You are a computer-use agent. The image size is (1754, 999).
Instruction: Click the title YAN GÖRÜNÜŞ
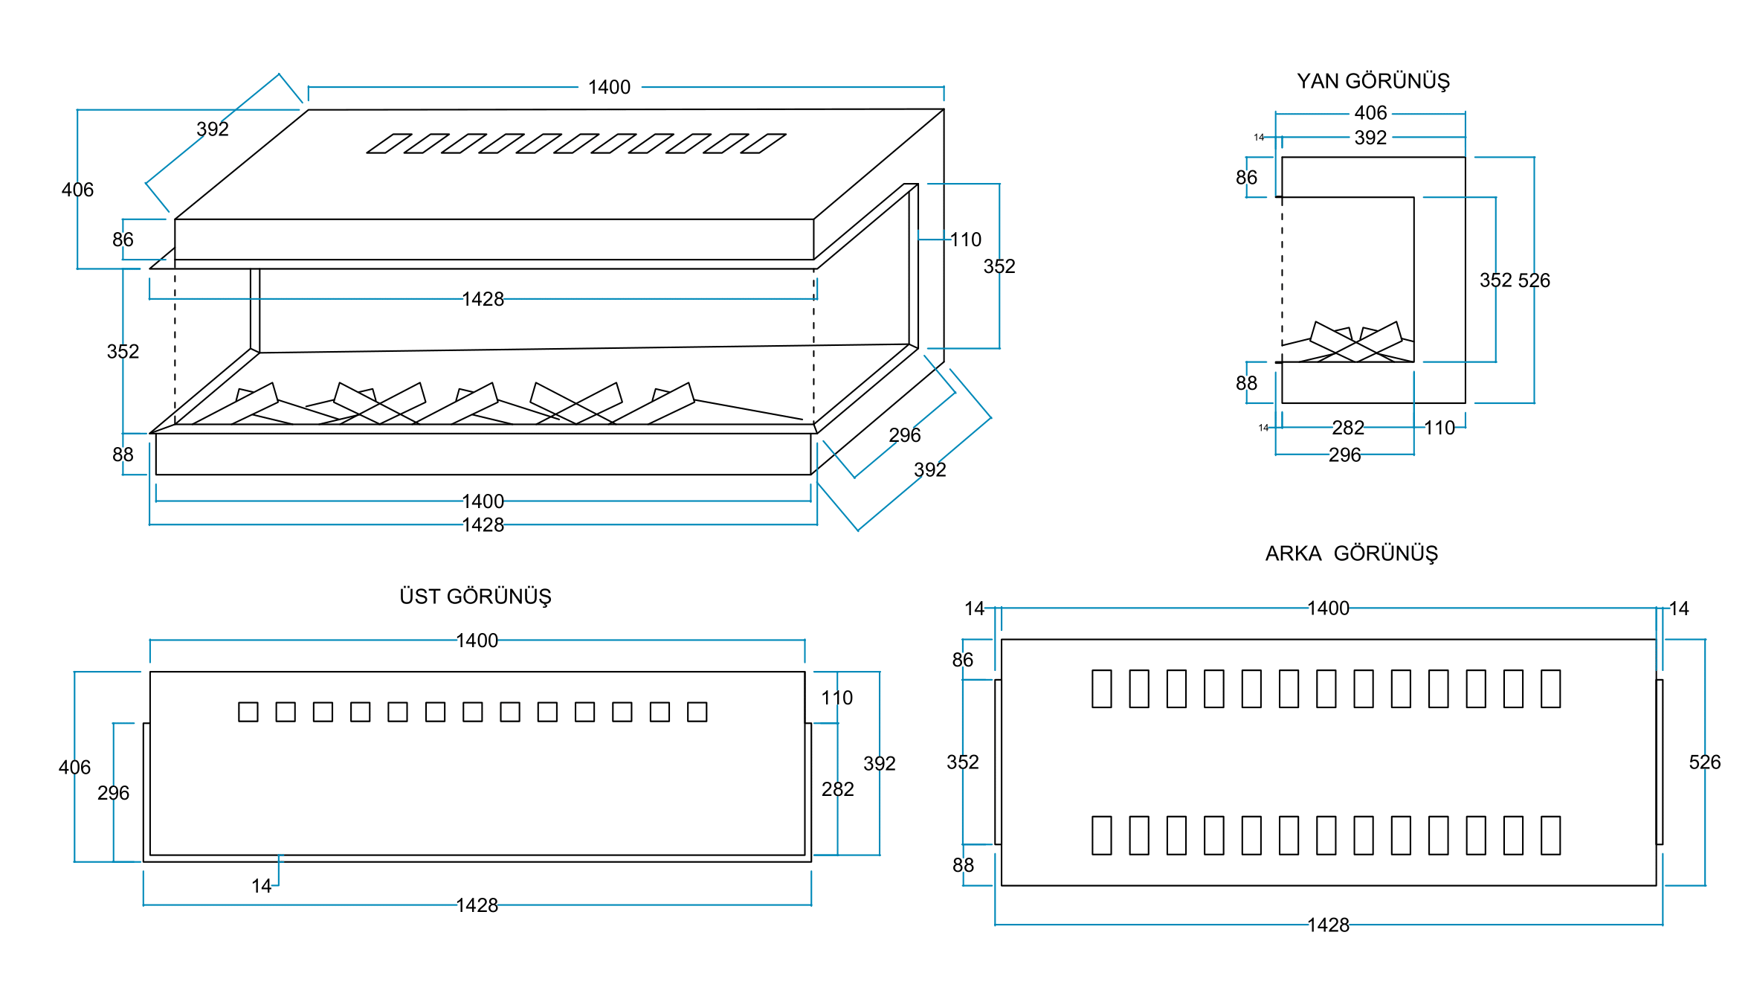pyautogui.click(x=1373, y=81)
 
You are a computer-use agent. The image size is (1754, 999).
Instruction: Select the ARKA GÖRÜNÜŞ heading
pyautogui.click(x=1351, y=553)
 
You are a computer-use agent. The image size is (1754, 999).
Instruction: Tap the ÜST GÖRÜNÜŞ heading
pyautogui.click(x=475, y=597)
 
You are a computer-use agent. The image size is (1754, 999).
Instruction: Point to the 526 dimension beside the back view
pyautogui.click(x=1704, y=762)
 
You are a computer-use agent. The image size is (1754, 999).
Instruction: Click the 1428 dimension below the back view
pyautogui.click(x=1328, y=925)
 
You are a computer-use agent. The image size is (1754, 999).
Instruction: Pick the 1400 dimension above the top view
pyautogui.click(x=477, y=640)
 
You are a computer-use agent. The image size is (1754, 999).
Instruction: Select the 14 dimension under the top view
pyautogui.click(x=261, y=886)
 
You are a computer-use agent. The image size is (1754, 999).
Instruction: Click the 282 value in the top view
pyautogui.click(x=837, y=789)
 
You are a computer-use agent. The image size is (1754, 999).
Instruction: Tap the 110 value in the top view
pyautogui.click(x=836, y=698)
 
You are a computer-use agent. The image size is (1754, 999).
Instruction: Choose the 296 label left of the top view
pyautogui.click(x=113, y=793)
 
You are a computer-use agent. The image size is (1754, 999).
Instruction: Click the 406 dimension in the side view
pyautogui.click(x=1370, y=113)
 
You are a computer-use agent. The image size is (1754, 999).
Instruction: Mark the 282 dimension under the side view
pyautogui.click(x=1348, y=428)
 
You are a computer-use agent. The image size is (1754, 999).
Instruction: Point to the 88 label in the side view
pyautogui.click(x=1246, y=383)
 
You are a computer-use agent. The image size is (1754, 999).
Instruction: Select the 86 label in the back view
pyautogui.click(x=962, y=660)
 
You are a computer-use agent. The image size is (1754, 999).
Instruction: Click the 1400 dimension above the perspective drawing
pyautogui.click(x=609, y=88)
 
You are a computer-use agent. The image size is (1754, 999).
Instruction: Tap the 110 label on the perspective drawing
pyautogui.click(x=966, y=240)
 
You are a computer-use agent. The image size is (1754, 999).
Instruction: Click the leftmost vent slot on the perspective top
pyautogui.click(x=389, y=144)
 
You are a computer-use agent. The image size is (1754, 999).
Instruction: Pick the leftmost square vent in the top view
pyautogui.click(x=248, y=712)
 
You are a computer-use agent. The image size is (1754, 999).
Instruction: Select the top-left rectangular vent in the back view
pyautogui.click(x=1101, y=689)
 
